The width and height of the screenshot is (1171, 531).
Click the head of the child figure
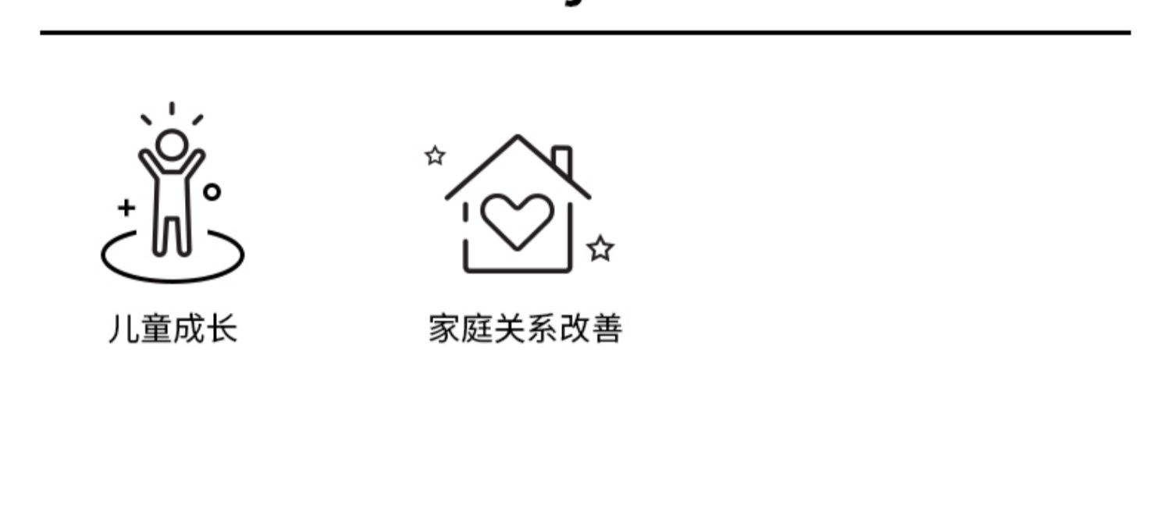[x=172, y=144]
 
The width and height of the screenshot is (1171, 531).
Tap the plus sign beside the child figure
[x=126, y=208]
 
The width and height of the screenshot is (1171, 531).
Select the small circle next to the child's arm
[x=212, y=191]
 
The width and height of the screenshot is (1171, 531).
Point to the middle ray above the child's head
[x=172, y=109]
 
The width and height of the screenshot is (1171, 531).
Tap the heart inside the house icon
[x=516, y=220]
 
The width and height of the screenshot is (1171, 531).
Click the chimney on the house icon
[x=562, y=161]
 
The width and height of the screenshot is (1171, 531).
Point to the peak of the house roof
[x=517, y=139]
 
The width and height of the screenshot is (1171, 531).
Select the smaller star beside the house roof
[x=435, y=156]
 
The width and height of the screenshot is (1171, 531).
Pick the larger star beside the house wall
[x=600, y=249]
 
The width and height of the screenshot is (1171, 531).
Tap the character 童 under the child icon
[x=156, y=329]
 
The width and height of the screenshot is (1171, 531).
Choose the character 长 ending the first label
[x=222, y=329]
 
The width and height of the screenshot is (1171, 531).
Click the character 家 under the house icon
[x=443, y=329]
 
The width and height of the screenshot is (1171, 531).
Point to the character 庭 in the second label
[x=476, y=329]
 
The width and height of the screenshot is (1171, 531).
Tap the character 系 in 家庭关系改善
[x=542, y=329]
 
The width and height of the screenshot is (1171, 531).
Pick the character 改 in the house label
[x=574, y=329]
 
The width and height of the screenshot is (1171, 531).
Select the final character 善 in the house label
[x=607, y=329]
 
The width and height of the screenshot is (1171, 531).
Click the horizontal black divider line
[x=585, y=33]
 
